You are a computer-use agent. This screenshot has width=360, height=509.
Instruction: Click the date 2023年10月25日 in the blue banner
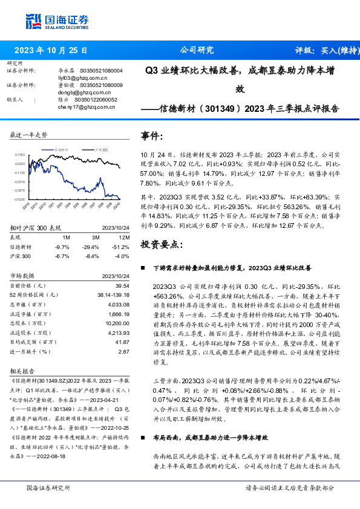tap(51, 50)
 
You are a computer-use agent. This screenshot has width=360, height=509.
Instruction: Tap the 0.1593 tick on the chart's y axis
tap(19, 155)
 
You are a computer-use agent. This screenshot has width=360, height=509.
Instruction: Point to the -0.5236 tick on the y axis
tap(19, 199)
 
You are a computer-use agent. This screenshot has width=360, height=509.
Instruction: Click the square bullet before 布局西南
tap(143, 436)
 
